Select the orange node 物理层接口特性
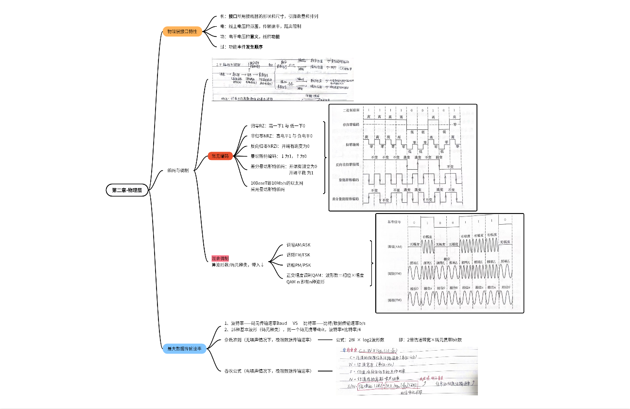[x=182, y=32]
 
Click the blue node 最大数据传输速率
[x=184, y=348]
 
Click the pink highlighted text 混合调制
[x=220, y=258]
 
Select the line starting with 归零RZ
[x=278, y=126]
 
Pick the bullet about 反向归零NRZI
[x=280, y=146]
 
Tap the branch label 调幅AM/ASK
[x=298, y=245]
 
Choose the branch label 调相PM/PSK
[x=298, y=265]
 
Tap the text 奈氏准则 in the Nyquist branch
[x=232, y=339]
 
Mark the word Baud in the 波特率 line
[x=282, y=323]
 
